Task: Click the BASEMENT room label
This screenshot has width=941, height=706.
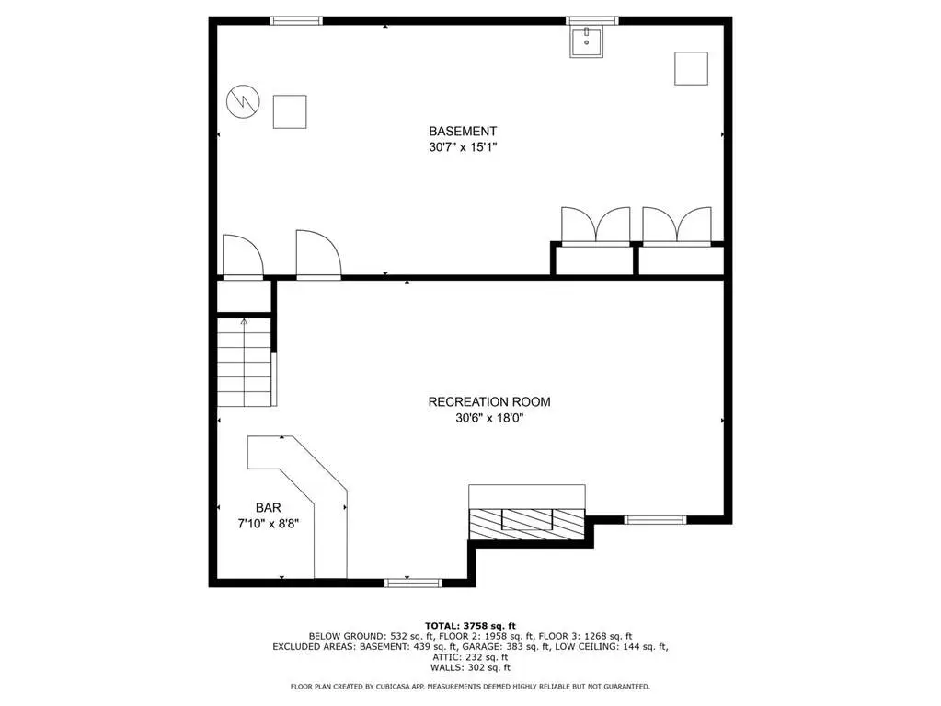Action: [x=463, y=131]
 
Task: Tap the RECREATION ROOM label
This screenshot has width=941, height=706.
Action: [x=489, y=401]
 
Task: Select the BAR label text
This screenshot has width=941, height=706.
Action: [x=269, y=508]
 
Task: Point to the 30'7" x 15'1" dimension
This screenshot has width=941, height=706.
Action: [x=463, y=147]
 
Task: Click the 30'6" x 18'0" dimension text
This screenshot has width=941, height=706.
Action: [x=489, y=419]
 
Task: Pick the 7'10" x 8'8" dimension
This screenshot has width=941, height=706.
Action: [x=269, y=524]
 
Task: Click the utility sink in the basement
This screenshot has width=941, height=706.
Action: [x=586, y=42]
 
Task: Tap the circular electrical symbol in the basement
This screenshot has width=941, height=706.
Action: [x=243, y=101]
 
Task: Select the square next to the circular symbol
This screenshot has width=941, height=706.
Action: [x=290, y=111]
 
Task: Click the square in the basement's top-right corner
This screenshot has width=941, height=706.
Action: [x=692, y=68]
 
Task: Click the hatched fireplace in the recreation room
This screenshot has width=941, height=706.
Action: [x=527, y=524]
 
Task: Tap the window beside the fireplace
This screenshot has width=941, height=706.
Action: [x=655, y=520]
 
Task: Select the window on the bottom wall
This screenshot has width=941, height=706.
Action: [x=414, y=583]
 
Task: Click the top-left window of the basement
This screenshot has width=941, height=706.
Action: [x=296, y=21]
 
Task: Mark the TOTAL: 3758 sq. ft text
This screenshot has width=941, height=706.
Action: [x=471, y=626]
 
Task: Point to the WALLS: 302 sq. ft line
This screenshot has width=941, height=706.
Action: [x=471, y=667]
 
